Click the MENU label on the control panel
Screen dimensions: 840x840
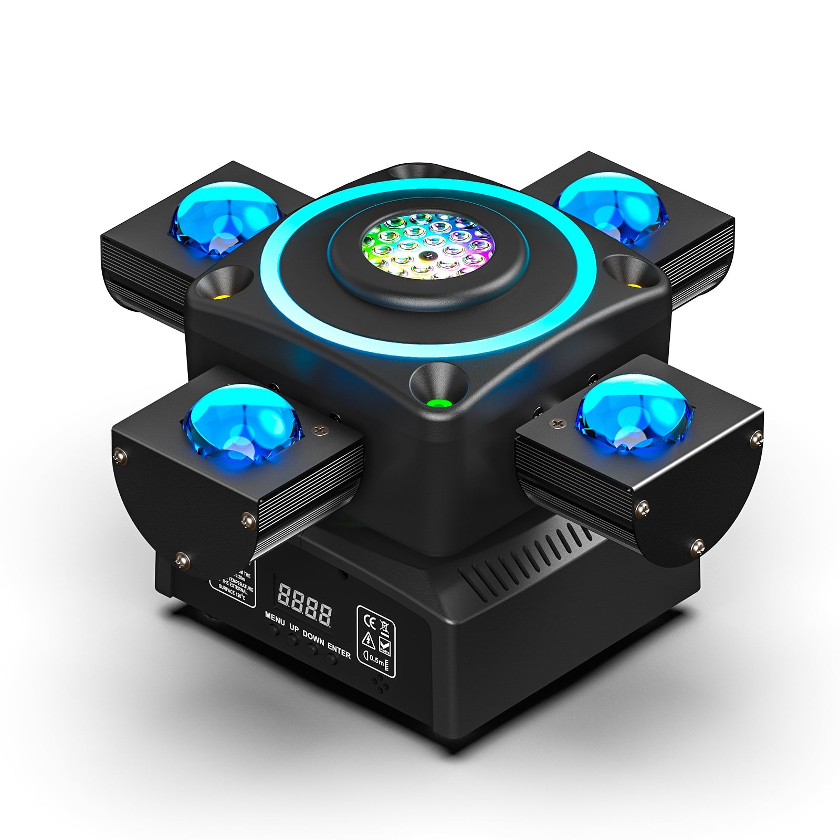pos(275,618)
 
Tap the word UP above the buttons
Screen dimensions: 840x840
pos(294,628)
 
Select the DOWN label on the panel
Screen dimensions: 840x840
pos(313,638)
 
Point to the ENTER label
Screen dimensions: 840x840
pos(339,650)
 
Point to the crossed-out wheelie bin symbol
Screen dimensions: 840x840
pos(384,626)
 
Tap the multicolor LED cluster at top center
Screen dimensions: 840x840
pos(427,243)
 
